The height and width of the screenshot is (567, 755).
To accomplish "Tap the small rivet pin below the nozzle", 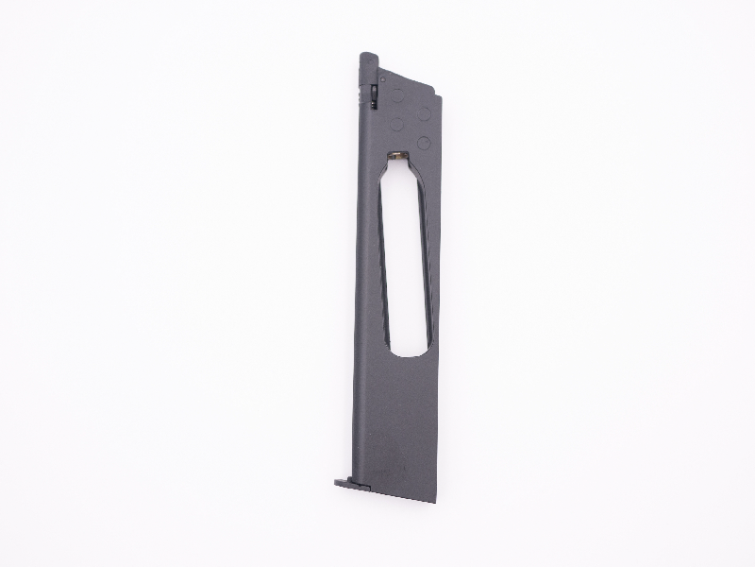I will (x=382, y=80).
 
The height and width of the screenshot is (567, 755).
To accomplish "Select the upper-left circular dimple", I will (x=397, y=96).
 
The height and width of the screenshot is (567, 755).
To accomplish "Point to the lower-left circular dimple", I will (x=396, y=124).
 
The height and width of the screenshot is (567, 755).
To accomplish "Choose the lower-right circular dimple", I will (x=424, y=142).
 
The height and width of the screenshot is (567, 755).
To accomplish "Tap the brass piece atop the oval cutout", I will (x=401, y=158).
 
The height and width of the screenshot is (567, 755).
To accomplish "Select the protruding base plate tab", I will (x=345, y=483).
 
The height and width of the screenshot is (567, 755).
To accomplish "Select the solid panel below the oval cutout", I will (x=396, y=416).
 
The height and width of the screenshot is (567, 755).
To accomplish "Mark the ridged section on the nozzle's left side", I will (x=361, y=95).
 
